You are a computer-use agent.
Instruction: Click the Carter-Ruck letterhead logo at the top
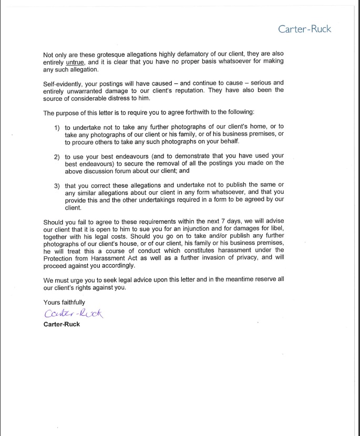coord(305,29)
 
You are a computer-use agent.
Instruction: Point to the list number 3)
coord(57,185)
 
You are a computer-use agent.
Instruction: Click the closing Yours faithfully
coord(64,302)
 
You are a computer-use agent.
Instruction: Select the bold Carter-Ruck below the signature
coord(62,324)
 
